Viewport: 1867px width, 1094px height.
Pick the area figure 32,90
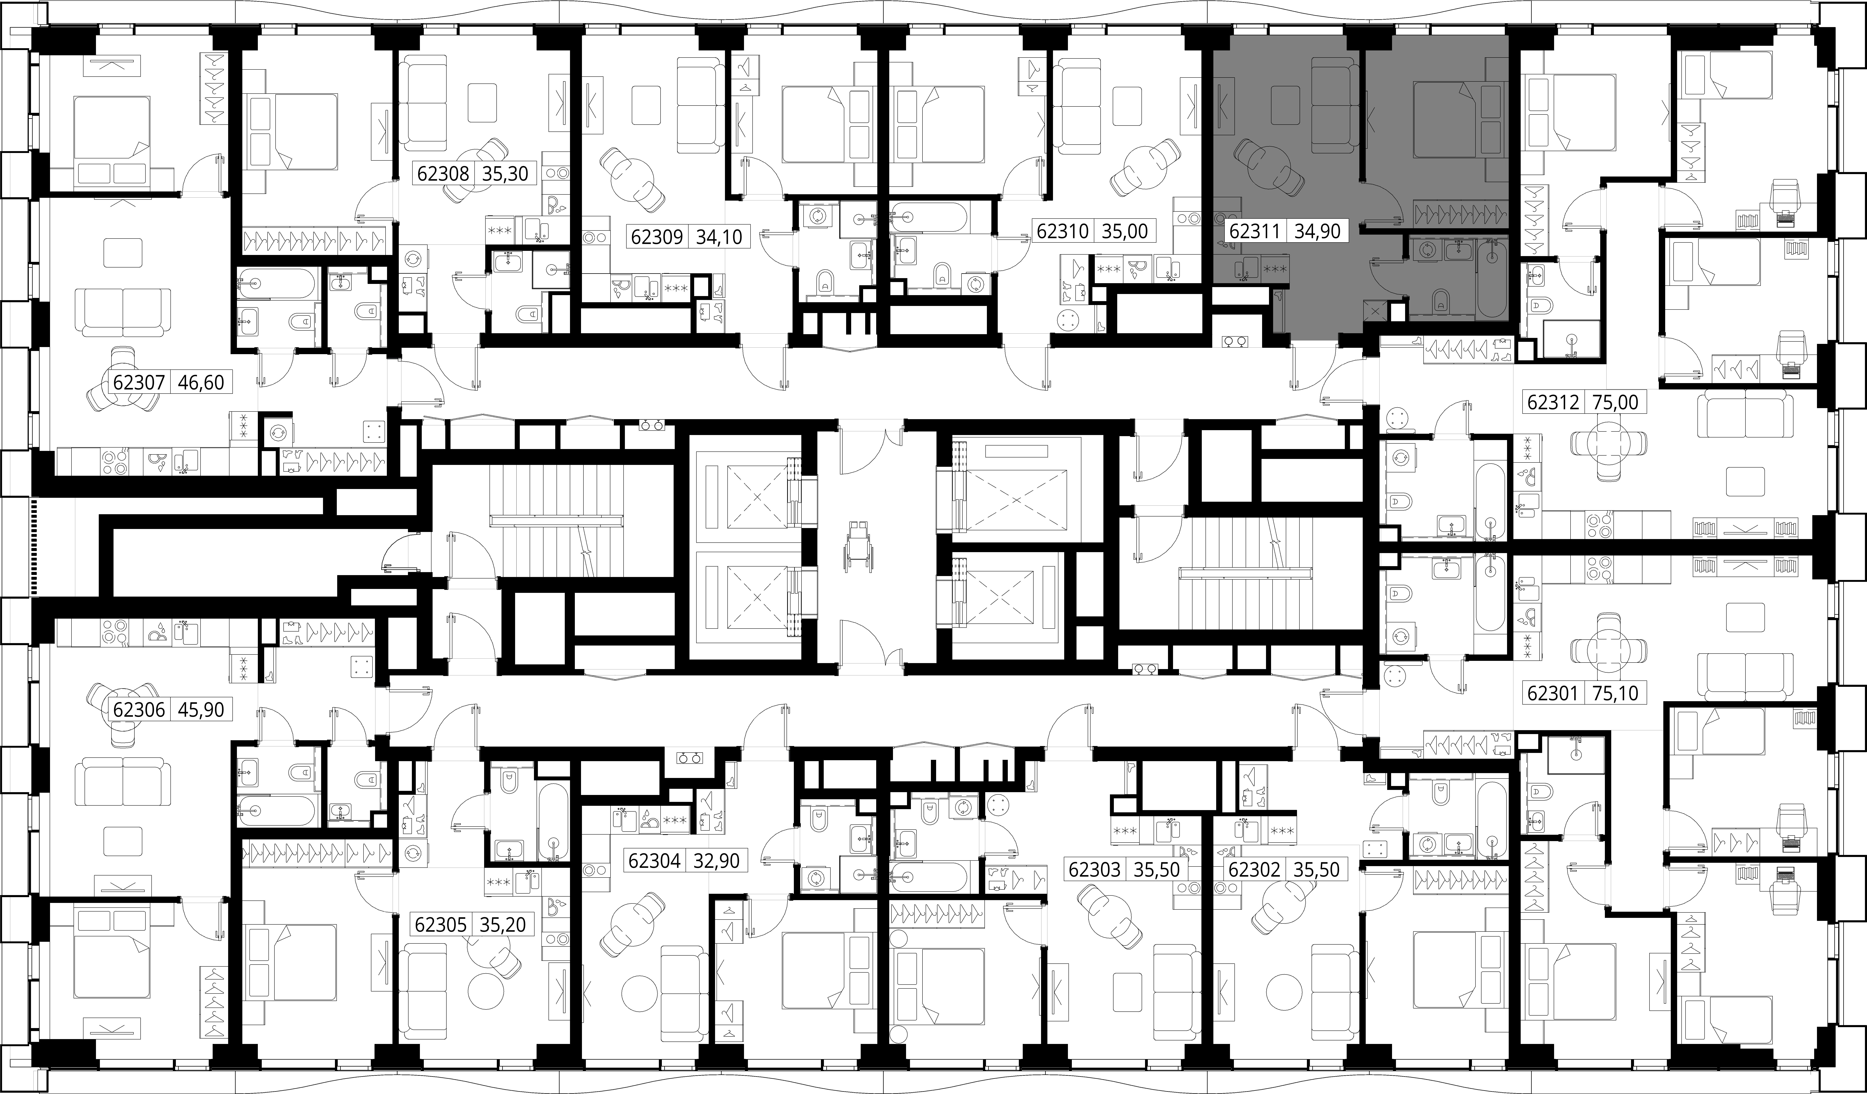coord(716,861)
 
